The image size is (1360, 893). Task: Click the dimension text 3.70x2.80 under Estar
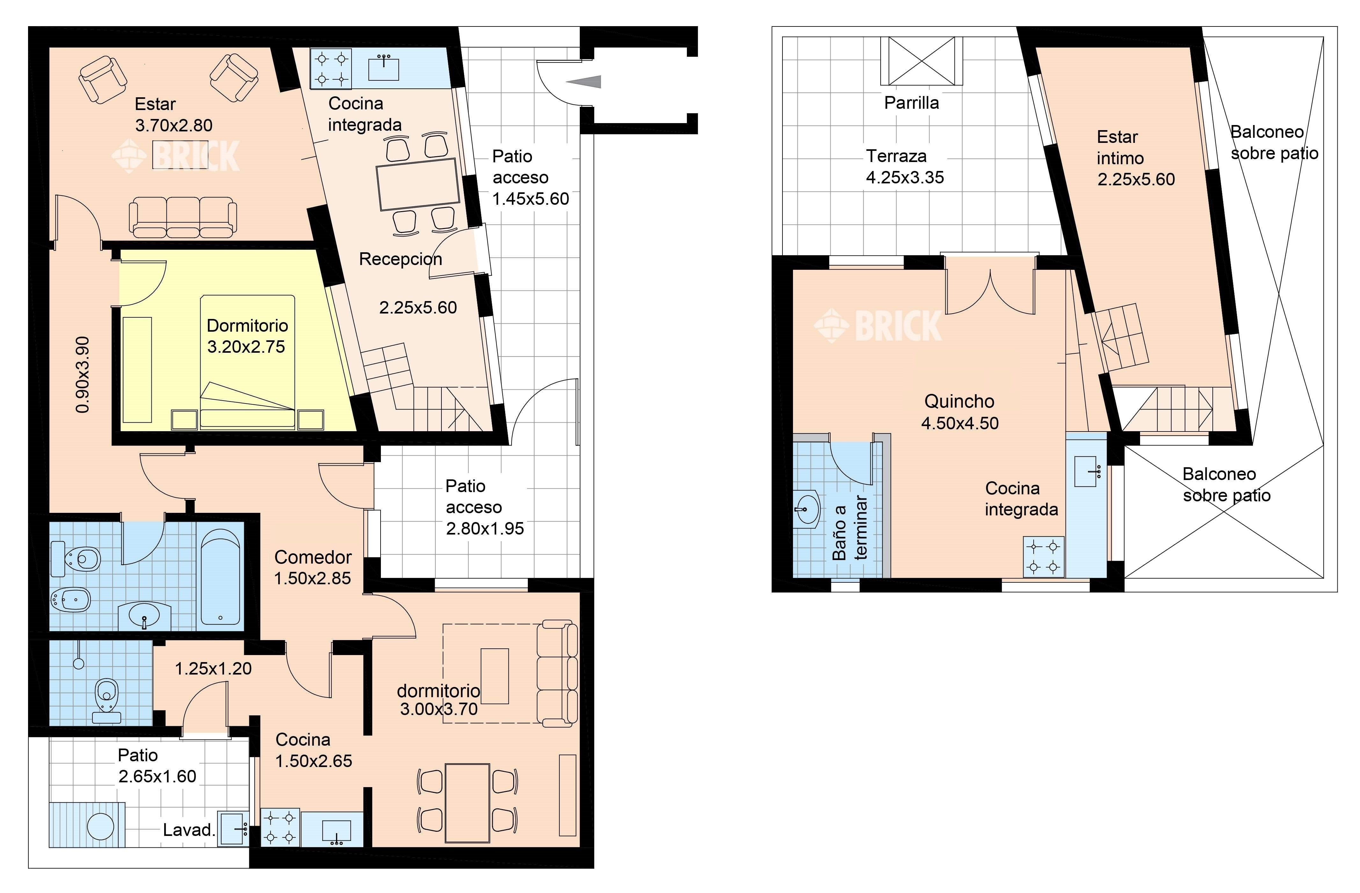click(174, 125)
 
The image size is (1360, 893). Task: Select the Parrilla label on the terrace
click(912, 103)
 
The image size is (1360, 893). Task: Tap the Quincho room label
click(959, 401)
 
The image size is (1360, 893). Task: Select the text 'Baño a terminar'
click(850, 527)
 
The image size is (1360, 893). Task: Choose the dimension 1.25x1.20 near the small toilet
click(213, 668)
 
